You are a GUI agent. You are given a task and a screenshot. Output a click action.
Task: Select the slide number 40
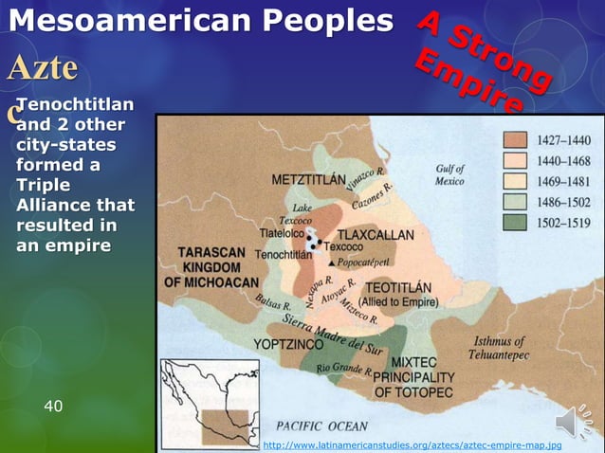coord(54,406)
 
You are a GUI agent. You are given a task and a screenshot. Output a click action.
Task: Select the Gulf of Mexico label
coord(449,174)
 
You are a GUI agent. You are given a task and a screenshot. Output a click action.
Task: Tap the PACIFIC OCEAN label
coord(321,426)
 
